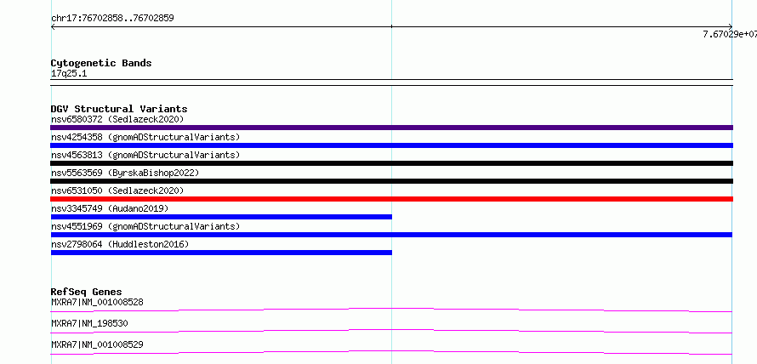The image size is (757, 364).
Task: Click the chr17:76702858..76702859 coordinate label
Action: coord(112,19)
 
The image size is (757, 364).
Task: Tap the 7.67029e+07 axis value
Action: coord(730,34)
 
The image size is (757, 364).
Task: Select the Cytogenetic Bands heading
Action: coord(101,63)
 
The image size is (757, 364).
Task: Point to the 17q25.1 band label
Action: coord(69,74)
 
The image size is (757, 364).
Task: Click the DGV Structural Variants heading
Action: coord(119,109)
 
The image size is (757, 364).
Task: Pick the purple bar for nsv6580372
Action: coord(391,128)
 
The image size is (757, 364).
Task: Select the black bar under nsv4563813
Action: coord(391,163)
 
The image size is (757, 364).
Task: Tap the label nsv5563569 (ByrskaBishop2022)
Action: coord(125,173)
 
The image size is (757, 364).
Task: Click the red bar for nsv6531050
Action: coord(391,199)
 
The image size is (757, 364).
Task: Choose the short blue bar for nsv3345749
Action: coord(221,217)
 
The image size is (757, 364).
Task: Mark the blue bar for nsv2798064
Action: coord(221,253)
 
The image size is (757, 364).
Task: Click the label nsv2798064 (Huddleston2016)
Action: coord(120,244)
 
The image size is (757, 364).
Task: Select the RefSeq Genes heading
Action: coord(87,292)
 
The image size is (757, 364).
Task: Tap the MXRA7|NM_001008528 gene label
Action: coord(97,302)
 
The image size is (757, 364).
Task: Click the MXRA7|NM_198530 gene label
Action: coord(90,323)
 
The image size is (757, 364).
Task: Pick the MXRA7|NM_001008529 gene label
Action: coord(97,344)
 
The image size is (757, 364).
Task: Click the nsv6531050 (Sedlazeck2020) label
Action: coord(117,191)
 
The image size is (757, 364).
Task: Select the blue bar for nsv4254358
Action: coord(391,145)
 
